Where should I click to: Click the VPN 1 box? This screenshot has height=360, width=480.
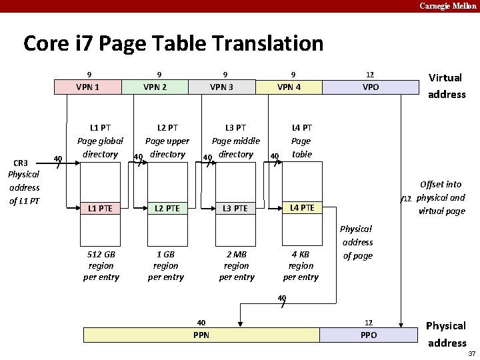(x=88, y=87)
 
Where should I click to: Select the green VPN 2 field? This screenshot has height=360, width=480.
(x=155, y=87)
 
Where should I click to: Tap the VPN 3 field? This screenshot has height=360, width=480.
(x=222, y=87)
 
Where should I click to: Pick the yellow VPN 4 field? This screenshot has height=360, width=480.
(x=289, y=87)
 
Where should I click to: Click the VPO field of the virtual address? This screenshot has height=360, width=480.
(x=370, y=87)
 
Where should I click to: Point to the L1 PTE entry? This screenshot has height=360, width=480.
(x=101, y=209)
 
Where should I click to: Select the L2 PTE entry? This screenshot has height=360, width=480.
(x=167, y=209)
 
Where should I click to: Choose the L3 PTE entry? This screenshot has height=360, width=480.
(x=235, y=209)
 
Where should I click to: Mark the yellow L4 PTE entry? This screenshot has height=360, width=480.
(x=302, y=208)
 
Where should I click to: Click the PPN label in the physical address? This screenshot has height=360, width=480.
(x=201, y=335)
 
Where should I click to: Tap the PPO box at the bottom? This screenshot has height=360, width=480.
(x=369, y=335)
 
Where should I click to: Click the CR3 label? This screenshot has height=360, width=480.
(x=21, y=163)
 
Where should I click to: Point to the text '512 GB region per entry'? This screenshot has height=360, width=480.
(x=101, y=265)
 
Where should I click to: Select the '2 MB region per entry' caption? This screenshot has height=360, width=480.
(x=237, y=265)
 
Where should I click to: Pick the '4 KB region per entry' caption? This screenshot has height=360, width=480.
(x=301, y=265)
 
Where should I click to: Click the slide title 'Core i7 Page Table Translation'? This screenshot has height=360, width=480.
(x=173, y=44)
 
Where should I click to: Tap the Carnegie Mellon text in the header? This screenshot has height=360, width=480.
(x=447, y=6)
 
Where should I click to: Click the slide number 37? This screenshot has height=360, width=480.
(x=471, y=353)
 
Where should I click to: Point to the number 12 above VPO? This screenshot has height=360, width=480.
(x=370, y=74)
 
